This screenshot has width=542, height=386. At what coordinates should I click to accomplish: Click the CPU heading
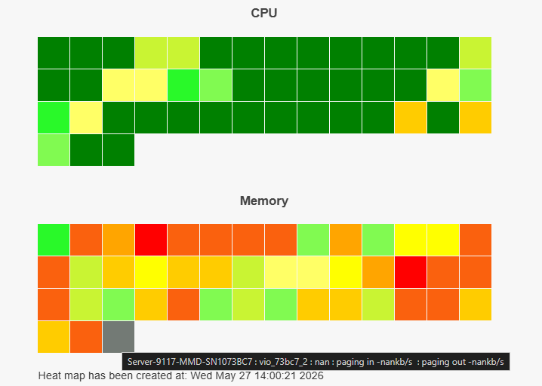[264, 13]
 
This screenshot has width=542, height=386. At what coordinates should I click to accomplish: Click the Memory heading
[264, 201]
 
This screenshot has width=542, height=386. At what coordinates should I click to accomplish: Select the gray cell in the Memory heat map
[119, 337]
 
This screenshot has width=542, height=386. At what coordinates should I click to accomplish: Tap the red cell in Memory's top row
[151, 240]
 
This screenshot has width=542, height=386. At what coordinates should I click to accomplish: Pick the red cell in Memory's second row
[411, 272]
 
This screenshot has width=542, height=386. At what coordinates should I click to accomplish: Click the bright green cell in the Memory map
[54, 240]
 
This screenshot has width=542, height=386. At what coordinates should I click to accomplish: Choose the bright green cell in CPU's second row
[183, 85]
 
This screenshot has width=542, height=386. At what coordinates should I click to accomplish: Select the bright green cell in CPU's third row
[54, 118]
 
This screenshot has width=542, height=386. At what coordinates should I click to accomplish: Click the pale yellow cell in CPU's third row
[86, 118]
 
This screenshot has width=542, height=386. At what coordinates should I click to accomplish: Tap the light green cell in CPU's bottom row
[54, 150]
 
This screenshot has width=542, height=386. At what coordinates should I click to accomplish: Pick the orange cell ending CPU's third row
[476, 118]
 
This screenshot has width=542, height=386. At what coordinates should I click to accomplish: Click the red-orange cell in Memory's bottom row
[86, 337]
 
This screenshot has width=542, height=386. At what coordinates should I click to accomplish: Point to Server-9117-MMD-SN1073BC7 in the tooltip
[189, 362]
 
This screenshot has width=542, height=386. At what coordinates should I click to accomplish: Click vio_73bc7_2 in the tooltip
[283, 362]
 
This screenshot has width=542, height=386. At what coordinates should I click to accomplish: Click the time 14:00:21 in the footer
[276, 375]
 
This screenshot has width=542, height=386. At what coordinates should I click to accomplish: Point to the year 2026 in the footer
[312, 375]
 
